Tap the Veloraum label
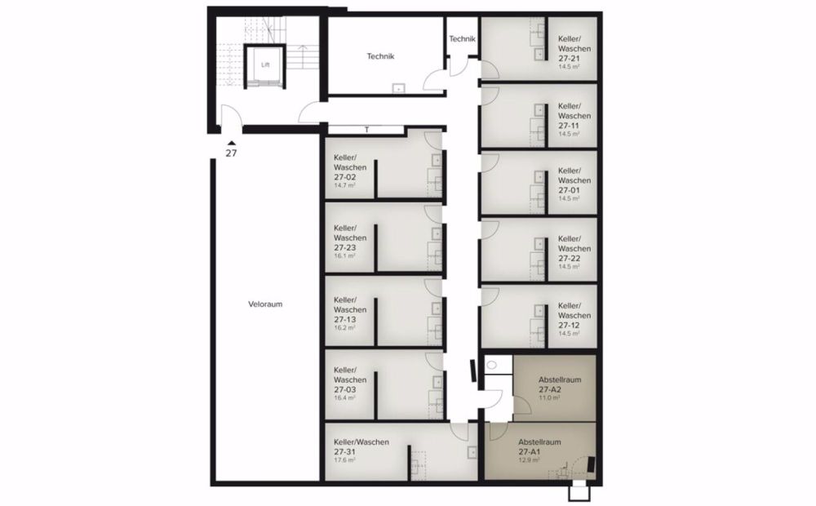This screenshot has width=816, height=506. coord(265,304)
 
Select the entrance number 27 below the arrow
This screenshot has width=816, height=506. coord(231,153)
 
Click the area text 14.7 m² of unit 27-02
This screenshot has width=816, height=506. coord(345,185)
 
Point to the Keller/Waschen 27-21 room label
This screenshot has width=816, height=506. coord(569,49)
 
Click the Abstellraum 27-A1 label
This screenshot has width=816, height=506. coord(539,446)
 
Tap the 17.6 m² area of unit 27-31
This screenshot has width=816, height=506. coord(345,459)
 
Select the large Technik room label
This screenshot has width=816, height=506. coord(381,56)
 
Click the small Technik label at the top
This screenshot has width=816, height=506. coord(462,39)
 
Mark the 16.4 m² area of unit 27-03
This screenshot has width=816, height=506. coord(345,398)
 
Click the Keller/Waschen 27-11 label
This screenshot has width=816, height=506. coord(569,117)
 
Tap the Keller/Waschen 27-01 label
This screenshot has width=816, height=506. coord(569,180)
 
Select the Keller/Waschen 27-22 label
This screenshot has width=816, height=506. coord(569,248)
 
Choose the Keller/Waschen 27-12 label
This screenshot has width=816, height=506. coord(569,315)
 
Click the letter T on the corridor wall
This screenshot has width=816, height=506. coord(367,130)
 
